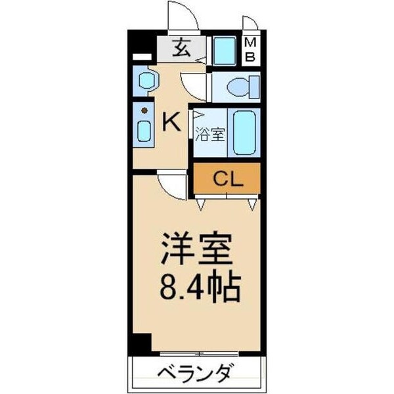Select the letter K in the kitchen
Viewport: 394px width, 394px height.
pyautogui.click(x=171, y=121)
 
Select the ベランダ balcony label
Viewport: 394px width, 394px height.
pyautogui.click(x=196, y=375)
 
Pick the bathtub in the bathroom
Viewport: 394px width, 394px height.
pyautogui.click(x=246, y=131)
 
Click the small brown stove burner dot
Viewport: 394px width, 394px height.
pyautogui.click(x=144, y=112)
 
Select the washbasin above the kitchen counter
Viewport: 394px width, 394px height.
pyautogui.click(x=145, y=82)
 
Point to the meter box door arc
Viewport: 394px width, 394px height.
pyautogui.click(x=250, y=23)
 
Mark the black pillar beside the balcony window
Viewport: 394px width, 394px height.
pyautogui.click(x=140, y=343)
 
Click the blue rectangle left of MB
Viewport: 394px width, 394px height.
pyautogui.click(x=225, y=51)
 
